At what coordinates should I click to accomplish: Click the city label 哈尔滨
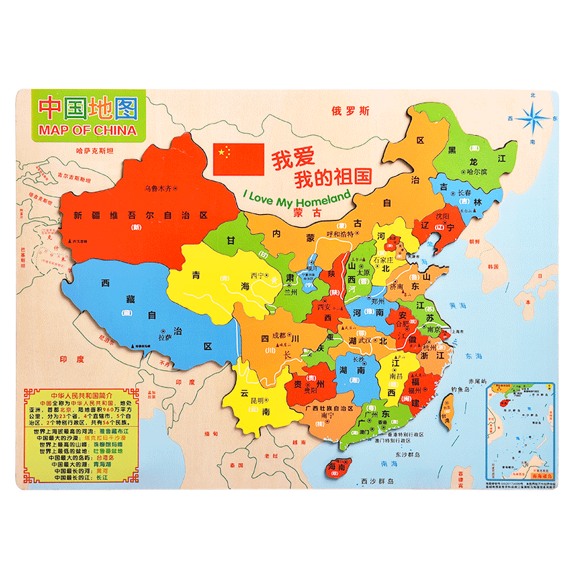tap(477, 172)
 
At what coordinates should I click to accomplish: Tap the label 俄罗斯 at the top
tap(350, 111)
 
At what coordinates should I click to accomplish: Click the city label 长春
tap(461, 194)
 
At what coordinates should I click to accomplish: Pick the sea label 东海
tap(473, 356)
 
